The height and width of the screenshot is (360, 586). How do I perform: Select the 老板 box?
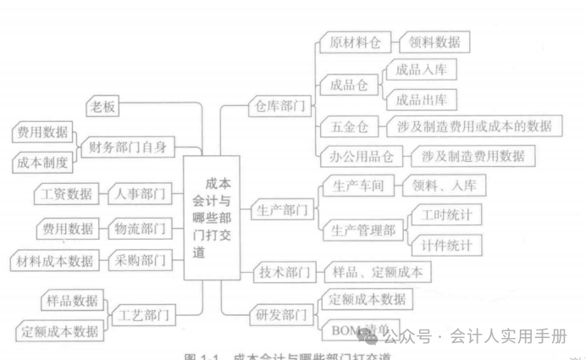coord(103,107)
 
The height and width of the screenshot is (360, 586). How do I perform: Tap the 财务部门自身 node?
coord(128,147)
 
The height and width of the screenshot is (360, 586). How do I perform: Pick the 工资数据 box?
coord(67,193)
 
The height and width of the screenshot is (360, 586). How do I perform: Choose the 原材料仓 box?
coord(355,42)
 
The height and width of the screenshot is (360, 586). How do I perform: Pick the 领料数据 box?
coord(435,42)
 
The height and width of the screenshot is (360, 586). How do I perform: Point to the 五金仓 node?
coord(349,128)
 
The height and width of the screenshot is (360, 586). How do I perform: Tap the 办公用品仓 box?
coord(362,156)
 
